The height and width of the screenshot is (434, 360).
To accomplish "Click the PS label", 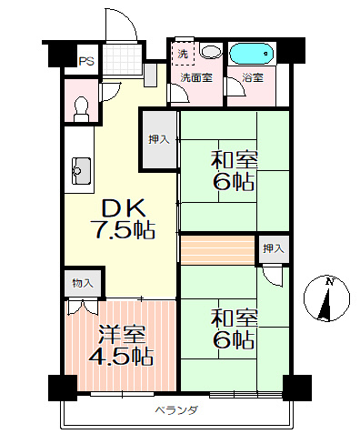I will (85, 62).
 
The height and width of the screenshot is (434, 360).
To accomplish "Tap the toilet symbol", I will (80, 106).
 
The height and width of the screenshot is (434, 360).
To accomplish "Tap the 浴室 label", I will (253, 77).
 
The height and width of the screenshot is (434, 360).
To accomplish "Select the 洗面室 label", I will (195, 77).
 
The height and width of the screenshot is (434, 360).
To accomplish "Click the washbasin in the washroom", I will (211, 53).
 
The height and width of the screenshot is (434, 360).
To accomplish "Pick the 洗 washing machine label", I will (183, 55).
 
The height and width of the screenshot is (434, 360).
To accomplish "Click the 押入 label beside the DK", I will (158, 139).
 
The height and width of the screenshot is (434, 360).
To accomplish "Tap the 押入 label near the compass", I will (273, 248).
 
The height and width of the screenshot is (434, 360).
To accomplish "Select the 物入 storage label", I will (82, 284).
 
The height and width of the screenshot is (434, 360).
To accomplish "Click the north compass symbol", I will (328, 298).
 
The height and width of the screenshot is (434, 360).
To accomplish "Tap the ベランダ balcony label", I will (175, 410).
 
